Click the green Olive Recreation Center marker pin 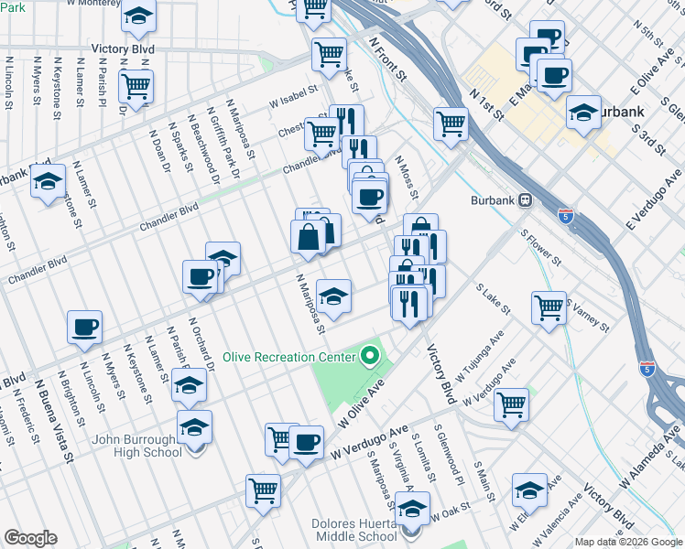tap(370, 355)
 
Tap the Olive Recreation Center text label tap(292, 356)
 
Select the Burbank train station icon tap(526, 199)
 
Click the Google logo tap(30, 538)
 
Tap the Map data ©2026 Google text tap(627, 542)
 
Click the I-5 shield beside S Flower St tap(566, 216)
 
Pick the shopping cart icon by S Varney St tap(549, 307)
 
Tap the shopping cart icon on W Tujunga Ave tap(511, 403)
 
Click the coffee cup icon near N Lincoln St tap(84, 326)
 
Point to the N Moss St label tap(407, 178)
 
